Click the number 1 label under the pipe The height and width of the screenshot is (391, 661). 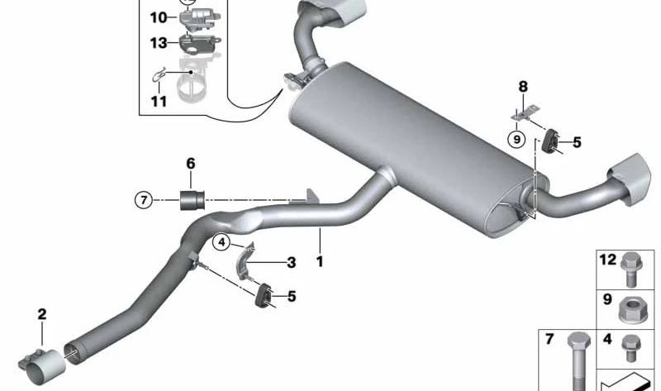320,262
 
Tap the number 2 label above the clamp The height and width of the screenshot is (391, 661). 42,314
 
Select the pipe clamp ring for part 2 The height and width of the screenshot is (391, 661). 45,365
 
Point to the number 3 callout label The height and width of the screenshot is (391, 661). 291,264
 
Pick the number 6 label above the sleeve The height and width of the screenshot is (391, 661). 191,164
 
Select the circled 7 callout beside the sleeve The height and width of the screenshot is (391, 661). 144,199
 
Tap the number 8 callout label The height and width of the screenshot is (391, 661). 522,86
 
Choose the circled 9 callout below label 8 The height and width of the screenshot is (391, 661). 517,139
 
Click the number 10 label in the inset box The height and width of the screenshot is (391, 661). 158,17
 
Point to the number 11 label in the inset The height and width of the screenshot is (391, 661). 159,101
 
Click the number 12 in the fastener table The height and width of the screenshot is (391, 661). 608,260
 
